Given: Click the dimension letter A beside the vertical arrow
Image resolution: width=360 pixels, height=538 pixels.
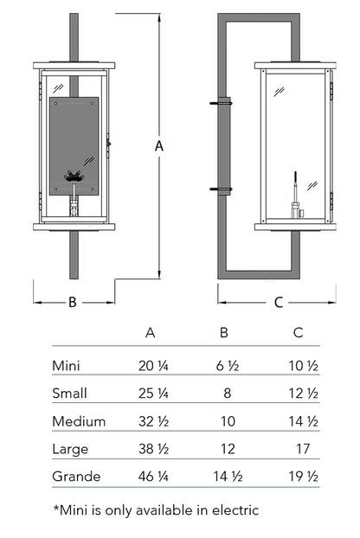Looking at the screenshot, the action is (x=159, y=146).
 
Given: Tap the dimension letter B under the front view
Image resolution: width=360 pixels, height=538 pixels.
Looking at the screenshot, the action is (x=73, y=302).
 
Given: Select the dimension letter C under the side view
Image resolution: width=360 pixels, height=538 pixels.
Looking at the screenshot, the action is (x=279, y=302).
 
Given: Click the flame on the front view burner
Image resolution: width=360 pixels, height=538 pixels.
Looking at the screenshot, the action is (x=74, y=176).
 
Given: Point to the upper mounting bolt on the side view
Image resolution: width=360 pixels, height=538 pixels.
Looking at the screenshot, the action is (x=221, y=103).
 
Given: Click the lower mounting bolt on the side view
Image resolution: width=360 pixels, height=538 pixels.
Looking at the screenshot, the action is (x=221, y=189).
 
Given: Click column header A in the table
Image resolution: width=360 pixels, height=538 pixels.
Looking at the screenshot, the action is (x=151, y=332).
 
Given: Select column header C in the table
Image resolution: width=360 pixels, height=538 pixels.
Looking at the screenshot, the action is (x=298, y=332).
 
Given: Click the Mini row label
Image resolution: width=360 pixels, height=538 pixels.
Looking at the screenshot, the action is (x=66, y=366).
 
